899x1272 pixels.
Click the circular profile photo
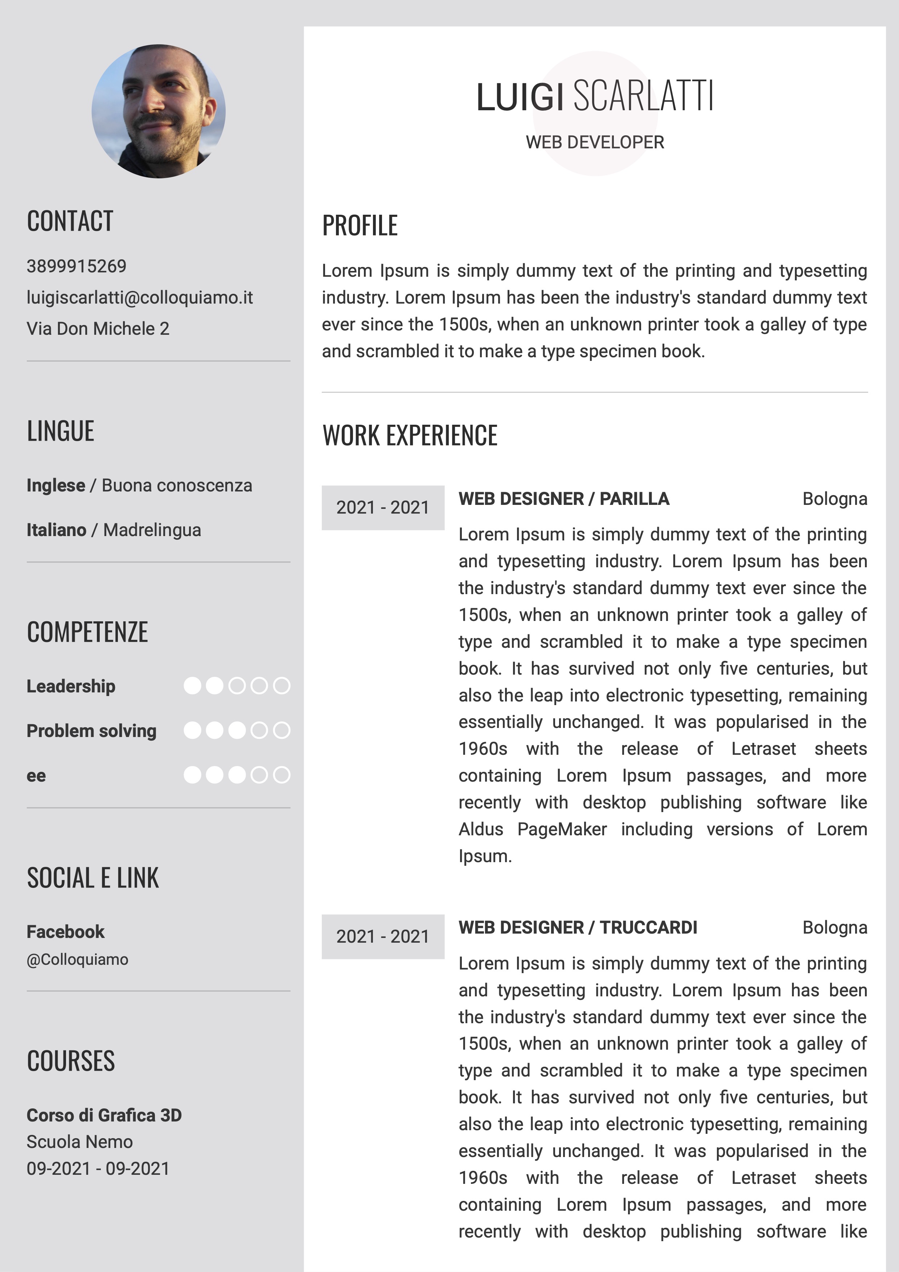point(159,111)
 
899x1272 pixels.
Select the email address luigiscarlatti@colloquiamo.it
point(140,297)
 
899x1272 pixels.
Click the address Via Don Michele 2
point(98,329)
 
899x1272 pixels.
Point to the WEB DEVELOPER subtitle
point(595,143)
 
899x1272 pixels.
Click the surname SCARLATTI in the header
point(643,96)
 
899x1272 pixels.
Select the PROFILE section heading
point(360,226)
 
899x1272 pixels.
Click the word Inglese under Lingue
point(56,485)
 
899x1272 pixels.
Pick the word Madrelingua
point(152,530)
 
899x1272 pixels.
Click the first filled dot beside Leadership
point(192,686)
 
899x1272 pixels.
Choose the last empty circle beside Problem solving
point(282,731)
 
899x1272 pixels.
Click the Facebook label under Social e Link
point(65,932)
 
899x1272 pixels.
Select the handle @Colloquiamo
point(78,960)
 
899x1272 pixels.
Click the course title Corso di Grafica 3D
point(104,1115)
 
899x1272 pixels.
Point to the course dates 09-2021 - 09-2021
point(98,1168)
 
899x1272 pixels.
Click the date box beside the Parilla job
point(383,507)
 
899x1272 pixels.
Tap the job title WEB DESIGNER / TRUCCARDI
point(578,927)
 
